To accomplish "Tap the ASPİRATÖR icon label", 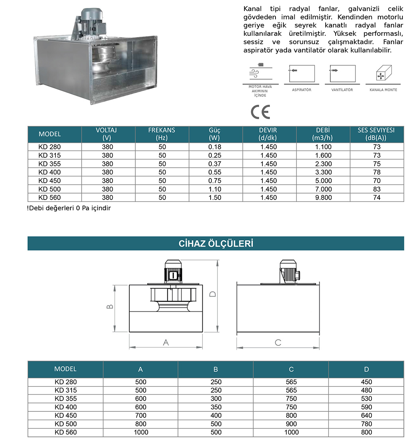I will point(301,90).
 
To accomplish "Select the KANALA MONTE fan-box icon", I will point(383,73).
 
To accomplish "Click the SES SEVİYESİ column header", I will point(376,134).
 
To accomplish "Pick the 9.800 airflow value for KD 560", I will point(323,198).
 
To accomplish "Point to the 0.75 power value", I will point(215,181).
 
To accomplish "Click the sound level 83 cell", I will point(377,189).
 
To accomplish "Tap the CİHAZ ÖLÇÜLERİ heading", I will point(216,243).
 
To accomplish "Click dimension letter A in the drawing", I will point(166,342).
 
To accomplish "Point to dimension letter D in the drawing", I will point(213,294).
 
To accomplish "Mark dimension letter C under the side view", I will point(278,342).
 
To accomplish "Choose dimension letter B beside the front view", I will point(110,307).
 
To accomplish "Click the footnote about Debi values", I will point(69,208).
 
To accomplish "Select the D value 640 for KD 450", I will point(366,415).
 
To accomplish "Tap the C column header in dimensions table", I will point(291,370).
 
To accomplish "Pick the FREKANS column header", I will point(162,134).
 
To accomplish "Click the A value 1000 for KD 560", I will point(141,432).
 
